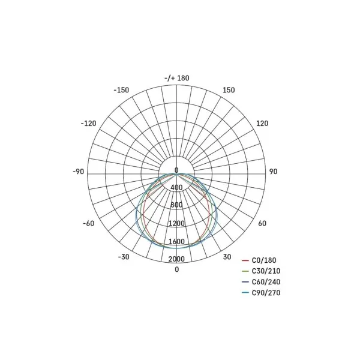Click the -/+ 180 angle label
pos(177,78)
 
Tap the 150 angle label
pos(229,90)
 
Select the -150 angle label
pos(121,90)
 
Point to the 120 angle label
pos(262,124)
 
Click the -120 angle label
pos(88,124)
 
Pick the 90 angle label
pos(273,172)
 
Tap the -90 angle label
pos(78,172)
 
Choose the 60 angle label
pos(262,223)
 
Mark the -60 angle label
pos(89,223)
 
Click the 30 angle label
pos(227,257)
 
